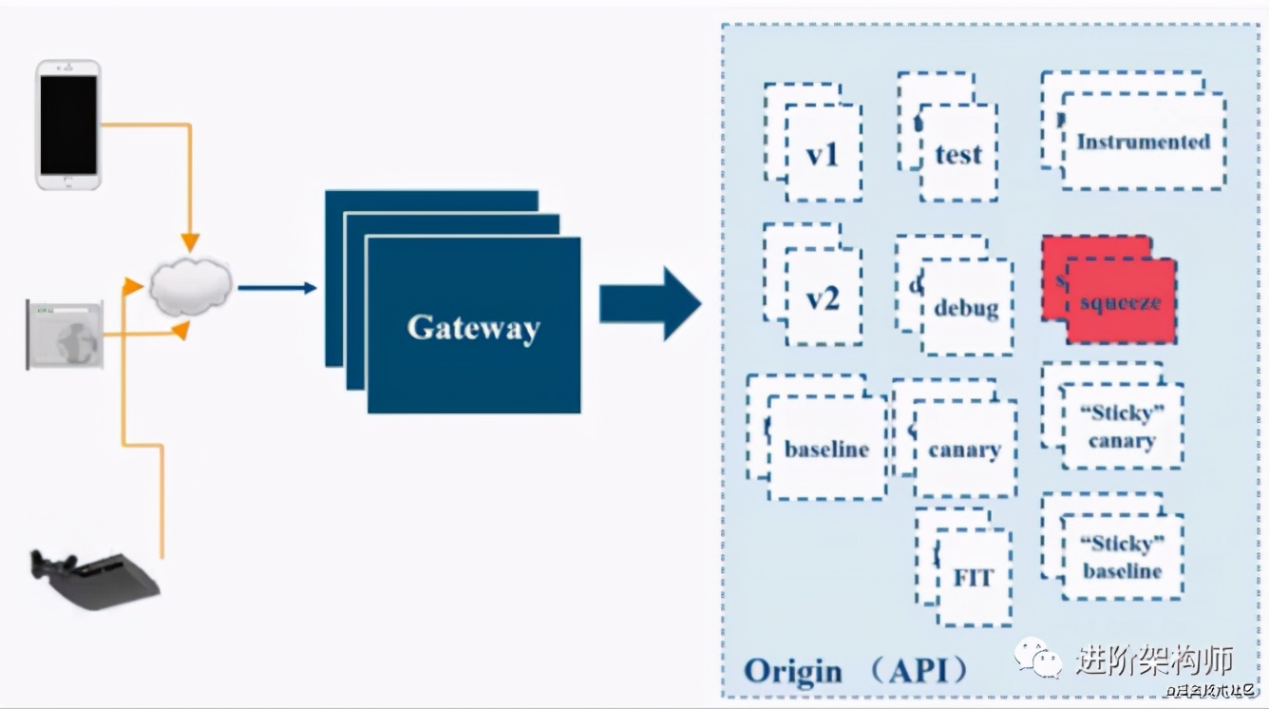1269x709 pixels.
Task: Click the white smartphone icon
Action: pyautogui.click(x=68, y=125)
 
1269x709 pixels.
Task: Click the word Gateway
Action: pyautogui.click(x=473, y=328)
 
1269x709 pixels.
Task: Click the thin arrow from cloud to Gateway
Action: pyautogui.click(x=276, y=287)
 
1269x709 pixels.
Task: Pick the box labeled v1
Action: pyautogui.click(x=823, y=153)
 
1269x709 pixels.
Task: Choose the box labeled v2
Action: pyautogui.click(x=823, y=297)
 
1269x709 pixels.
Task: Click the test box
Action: pyautogui.click(x=957, y=154)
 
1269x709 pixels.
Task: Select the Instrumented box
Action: pyautogui.click(x=1143, y=142)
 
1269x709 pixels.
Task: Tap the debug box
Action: pyautogui.click(x=965, y=307)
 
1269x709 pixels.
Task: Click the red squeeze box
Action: pyautogui.click(x=1120, y=301)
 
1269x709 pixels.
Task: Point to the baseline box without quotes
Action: pyautogui.click(x=826, y=449)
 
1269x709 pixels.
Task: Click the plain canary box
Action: pyautogui.click(x=964, y=450)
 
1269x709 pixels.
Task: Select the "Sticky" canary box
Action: pyautogui.click(x=1122, y=427)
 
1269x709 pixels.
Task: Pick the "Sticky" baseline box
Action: pyautogui.click(x=1122, y=557)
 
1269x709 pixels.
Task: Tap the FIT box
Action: pyautogui.click(x=973, y=578)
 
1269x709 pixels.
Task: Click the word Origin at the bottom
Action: pyautogui.click(x=792, y=671)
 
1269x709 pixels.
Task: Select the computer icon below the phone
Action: pyautogui.click(x=65, y=335)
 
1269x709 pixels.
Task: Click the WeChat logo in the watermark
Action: pyautogui.click(x=1037, y=657)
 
